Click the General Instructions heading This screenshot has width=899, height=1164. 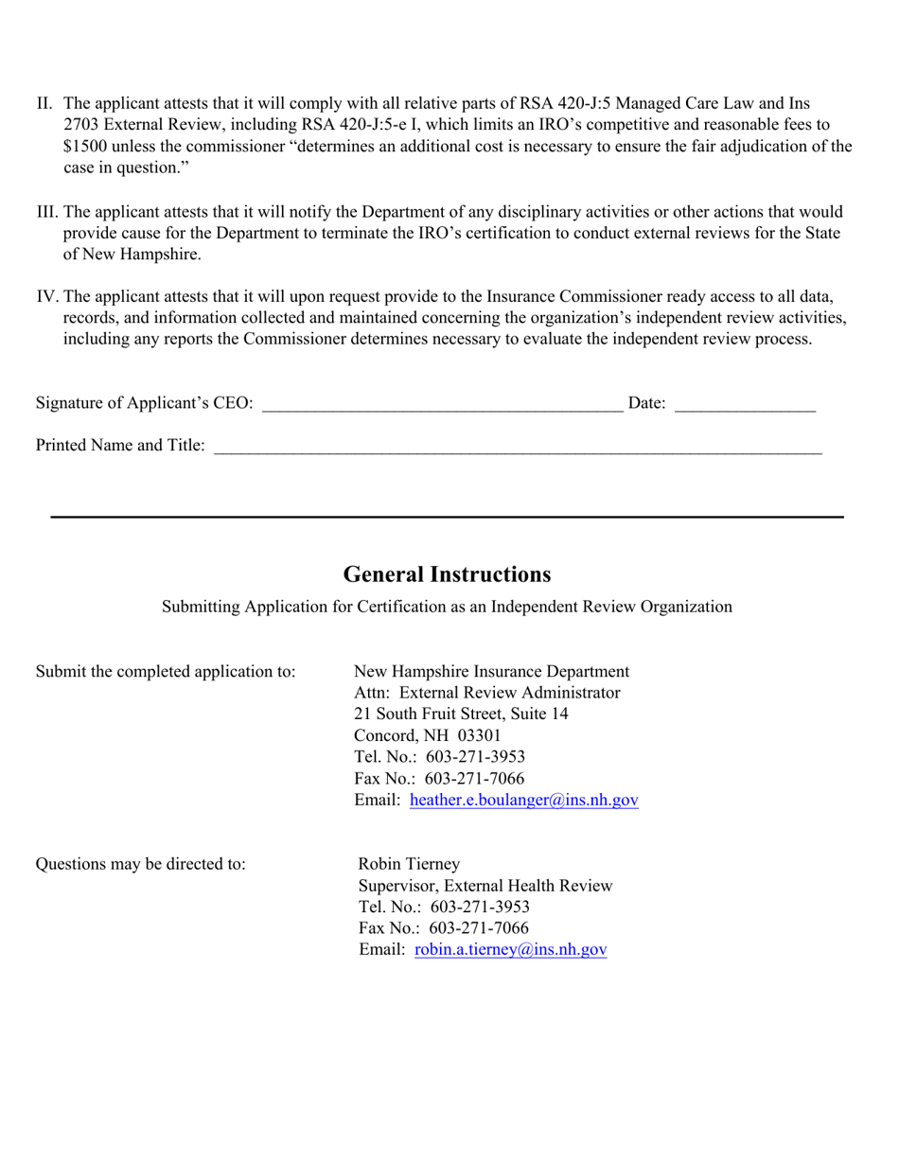click(x=447, y=574)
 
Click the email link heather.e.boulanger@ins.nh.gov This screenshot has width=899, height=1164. click(x=524, y=801)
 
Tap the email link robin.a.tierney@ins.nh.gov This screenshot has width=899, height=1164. click(x=510, y=950)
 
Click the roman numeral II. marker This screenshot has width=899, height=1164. click(x=46, y=103)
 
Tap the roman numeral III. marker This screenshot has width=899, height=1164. click(x=47, y=213)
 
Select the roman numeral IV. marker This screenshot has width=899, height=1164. click(x=47, y=297)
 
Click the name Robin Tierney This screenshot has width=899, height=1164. click(x=409, y=864)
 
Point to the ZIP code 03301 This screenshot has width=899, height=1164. click(x=480, y=735)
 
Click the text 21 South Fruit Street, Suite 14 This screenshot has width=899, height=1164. click(x=461, y=714)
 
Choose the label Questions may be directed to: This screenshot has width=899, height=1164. click(x=141, y=864)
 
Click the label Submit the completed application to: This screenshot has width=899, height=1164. click(x=166, y=672)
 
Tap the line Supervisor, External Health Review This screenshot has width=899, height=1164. click(x=485, y=886)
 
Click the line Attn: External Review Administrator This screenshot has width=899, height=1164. click(x=486, y=693)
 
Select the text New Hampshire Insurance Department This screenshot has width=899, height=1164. click(x=491, y=672)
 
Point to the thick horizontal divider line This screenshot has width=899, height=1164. click(x=447, y=517)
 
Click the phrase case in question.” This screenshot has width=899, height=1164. click(x=120, y=168)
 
